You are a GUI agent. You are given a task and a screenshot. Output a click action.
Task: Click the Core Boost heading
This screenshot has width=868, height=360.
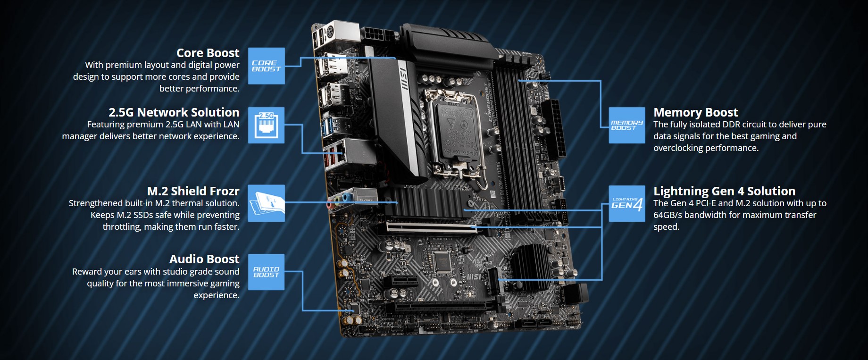pos(208,53)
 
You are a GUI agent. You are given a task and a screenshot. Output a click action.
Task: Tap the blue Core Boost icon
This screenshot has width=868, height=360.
pos(267,66)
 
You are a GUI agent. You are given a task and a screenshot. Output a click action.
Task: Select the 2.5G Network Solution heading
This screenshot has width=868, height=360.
pos(174,112)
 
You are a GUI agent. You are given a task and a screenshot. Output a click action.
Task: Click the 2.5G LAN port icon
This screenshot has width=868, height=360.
pos(267,125)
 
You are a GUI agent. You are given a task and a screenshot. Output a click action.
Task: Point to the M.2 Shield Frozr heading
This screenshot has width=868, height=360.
pos(193,191)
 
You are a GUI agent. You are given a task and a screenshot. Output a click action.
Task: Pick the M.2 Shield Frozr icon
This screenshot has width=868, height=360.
pos(267,203)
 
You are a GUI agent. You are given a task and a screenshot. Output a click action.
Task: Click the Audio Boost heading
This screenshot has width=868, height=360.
pos(204,259)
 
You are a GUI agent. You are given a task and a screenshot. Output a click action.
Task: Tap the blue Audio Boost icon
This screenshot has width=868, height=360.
pos(267,272)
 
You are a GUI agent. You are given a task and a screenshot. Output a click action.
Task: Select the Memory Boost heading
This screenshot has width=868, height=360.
pos(696,112)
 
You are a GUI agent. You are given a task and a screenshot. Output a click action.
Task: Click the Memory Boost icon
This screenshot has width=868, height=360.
pos(627,125)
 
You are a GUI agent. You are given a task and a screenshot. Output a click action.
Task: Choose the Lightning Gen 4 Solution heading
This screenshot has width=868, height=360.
pos(724,191)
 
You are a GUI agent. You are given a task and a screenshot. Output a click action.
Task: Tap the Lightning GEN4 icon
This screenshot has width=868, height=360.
pos(627,203)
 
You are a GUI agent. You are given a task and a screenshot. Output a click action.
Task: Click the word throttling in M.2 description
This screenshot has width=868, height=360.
pos(122,227)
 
